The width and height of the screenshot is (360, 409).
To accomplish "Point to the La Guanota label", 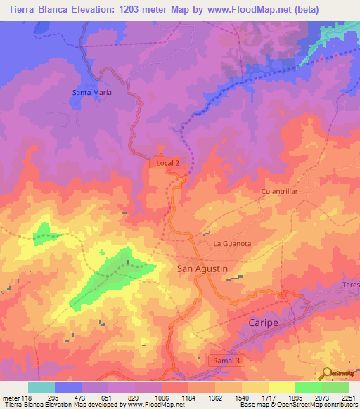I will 232,244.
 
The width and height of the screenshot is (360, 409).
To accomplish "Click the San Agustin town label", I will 202,269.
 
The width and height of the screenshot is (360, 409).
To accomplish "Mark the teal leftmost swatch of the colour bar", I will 41,387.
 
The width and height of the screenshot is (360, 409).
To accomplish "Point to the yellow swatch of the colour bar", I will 282,387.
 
